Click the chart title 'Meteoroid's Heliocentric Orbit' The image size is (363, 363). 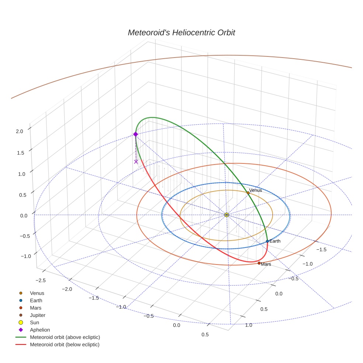(181, 32)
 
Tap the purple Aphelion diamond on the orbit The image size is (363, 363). (135, 134)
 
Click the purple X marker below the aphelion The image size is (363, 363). (136, 162)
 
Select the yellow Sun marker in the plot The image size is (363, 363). (227, 215)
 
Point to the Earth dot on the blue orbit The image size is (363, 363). (267, 241)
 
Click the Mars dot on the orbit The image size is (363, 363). (259, 263)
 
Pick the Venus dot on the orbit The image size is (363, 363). (248, 193)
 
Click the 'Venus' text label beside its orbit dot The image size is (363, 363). (256, 190)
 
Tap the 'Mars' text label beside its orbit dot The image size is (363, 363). (266, 264)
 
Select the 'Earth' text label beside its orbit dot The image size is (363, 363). (275, 241)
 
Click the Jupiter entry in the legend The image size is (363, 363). (38, 315)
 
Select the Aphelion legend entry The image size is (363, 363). (40, 330)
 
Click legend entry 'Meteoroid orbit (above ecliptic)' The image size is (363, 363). (65, 337)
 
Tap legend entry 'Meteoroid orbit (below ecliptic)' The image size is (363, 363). (65, 345)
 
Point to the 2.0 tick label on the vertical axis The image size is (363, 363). (20, 131)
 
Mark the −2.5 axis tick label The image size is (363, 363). (41, 280)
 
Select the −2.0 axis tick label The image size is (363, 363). (67, 289)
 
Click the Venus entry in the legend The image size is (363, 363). (37, 293)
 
